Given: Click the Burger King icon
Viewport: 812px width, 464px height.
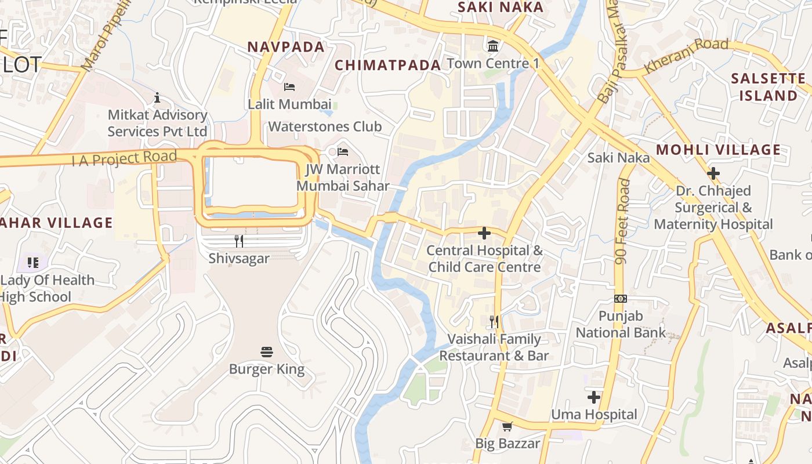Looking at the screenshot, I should tap(267, 351).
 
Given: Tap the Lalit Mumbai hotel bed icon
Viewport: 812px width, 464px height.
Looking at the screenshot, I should tap(289, 87).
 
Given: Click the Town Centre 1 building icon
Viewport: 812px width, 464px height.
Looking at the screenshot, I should tap(493, 46).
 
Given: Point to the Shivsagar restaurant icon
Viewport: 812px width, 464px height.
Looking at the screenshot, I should tap(238, 241).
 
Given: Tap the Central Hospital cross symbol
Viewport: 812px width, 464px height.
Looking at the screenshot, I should tap(484, 233).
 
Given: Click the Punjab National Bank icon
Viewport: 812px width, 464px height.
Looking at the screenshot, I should tap(621, 299).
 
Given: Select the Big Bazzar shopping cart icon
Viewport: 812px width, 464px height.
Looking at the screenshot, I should tap(507, 427).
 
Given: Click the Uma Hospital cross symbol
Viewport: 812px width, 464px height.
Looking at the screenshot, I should tap(593, 397).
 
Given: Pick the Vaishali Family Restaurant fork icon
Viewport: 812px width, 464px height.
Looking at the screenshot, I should tap(494, 321).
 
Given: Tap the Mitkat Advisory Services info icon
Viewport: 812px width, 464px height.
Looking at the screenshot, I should tap(157, 97).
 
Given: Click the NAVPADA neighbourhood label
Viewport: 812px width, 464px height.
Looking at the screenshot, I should tap(286, 47).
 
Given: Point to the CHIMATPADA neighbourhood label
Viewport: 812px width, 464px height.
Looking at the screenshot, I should tap(388, 65).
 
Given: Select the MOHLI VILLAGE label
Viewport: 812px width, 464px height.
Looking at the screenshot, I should tap(719, 150).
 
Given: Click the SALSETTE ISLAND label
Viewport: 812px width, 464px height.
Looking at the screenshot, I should tap(768, 87).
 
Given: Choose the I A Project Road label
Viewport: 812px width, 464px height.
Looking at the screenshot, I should tap(124, 158).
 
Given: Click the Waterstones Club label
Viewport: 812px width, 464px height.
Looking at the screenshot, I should tap(325, 126).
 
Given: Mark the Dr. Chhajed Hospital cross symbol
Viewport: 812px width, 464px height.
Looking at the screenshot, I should tap(713, 173).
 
